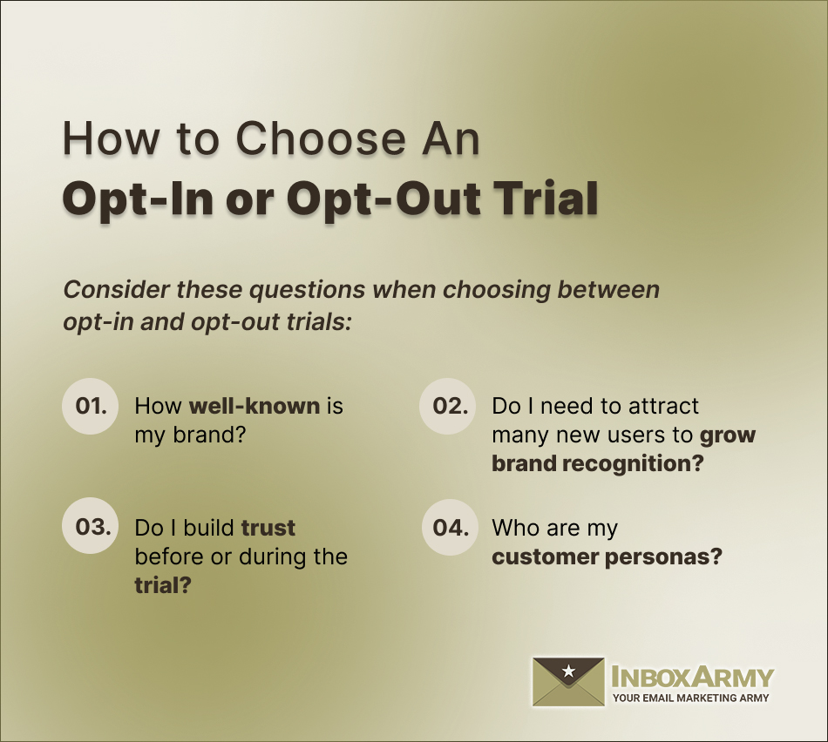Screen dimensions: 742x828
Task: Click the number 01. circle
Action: tap(91, 406)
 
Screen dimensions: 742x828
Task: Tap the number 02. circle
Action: tap(449, 406)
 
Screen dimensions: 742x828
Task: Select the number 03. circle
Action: tap(91, 527)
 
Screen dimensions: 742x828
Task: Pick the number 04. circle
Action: tap(449, 527)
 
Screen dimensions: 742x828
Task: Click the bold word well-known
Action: tap(255, 406)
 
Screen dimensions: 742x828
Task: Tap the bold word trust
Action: tap(268, 528)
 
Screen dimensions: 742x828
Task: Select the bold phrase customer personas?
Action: tap(607, 556)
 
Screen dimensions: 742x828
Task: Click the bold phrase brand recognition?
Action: tap(597, 463)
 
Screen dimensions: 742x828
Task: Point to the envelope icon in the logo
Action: tap(568, 681)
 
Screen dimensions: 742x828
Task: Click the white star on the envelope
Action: tap(568, 671)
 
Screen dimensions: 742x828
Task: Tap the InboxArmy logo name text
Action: tap(692, 676)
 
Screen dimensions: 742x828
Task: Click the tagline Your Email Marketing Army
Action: tap(691, 698)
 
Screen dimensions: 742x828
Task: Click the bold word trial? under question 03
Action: tap(163, 584)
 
